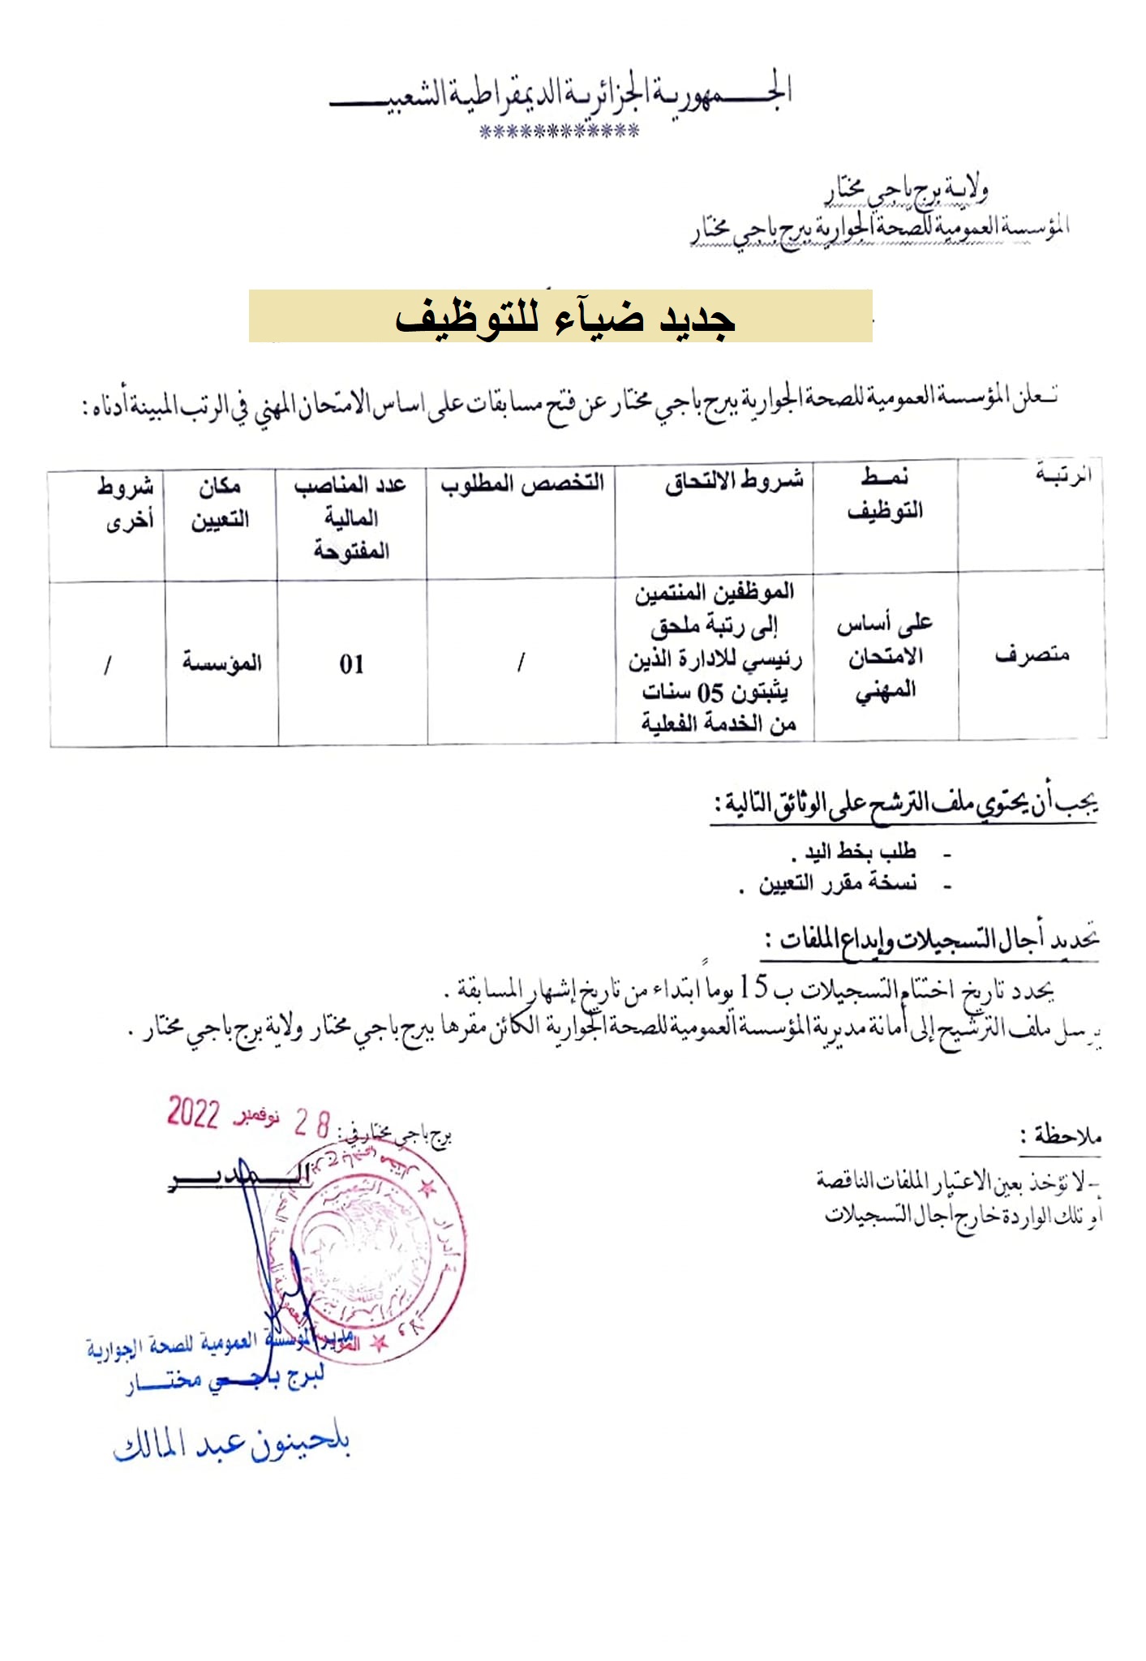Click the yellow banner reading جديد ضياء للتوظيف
point(560,316)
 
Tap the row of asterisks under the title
point(559,131)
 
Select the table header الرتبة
point(1062,475)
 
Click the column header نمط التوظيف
point(885,494)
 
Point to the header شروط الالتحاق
point(733,482)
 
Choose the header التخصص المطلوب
point(522,484)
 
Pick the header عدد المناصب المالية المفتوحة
point(351,517)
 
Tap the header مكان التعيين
point(220,503)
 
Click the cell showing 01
point(351,665)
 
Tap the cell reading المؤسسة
point(221,663)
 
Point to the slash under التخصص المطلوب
point(520,663)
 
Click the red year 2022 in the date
point(193,1113)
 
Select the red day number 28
point(311,1124)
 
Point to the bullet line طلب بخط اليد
point(858,852)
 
